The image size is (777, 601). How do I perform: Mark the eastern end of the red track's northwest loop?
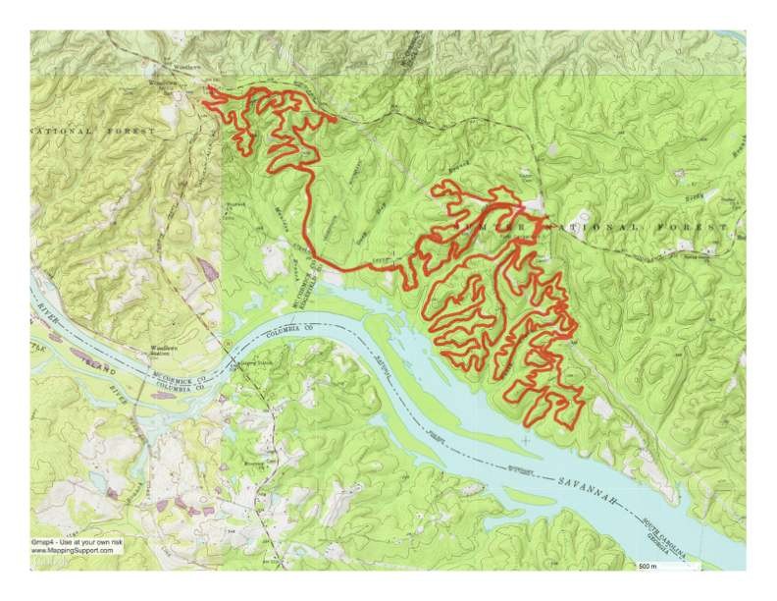(335, 120)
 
